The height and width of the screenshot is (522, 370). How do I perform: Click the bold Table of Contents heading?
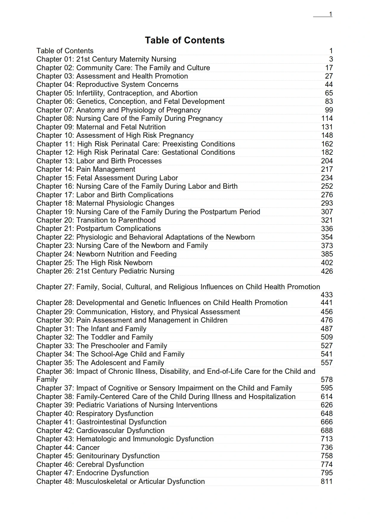pos(185,40)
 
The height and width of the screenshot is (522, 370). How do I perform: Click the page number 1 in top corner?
pos(330,14)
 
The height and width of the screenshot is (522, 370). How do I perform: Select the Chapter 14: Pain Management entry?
pos(86,169)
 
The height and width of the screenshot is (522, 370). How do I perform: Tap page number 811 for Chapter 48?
pos(326,482)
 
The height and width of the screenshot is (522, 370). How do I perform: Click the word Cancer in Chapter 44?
pos(88,448)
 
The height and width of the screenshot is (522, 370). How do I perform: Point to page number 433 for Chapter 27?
pos(326,295)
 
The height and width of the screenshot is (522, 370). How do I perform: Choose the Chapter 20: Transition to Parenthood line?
pos(96,220)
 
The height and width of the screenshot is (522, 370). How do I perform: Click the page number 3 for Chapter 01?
pos(331,59)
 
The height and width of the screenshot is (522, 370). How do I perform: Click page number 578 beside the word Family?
pos(326,380)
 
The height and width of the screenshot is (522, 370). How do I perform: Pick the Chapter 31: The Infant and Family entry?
pos(91,329)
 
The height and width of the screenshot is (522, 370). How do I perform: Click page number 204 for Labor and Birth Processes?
pos(327,161)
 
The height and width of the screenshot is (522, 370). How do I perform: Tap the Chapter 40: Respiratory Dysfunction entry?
pos(95,414)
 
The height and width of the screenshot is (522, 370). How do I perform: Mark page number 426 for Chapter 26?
pos(327,271)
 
